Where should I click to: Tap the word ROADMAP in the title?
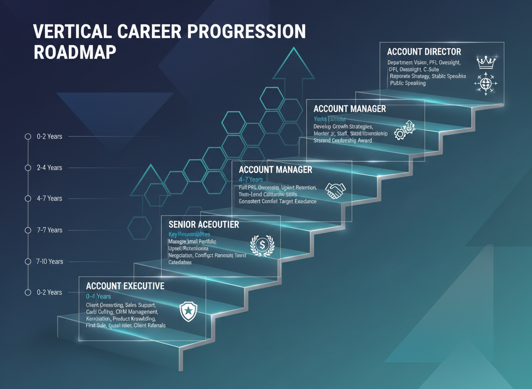[75, 52]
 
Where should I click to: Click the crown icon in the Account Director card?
[485, 62]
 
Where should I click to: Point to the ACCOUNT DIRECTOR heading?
[424, 51]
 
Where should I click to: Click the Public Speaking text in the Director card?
[408, 83]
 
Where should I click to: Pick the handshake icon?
[334, 190]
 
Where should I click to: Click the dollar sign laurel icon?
[262, 245]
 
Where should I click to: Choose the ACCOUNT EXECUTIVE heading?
[125, 286]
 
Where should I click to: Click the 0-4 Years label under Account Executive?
[98, 296]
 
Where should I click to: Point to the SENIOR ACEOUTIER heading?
[204, 224]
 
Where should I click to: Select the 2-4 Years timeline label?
[49, 167]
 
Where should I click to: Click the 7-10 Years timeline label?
[50, 261]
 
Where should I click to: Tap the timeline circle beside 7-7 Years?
[28, 230]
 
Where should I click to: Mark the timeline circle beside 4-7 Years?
[28, 199]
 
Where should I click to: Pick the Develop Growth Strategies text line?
[343, 127]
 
